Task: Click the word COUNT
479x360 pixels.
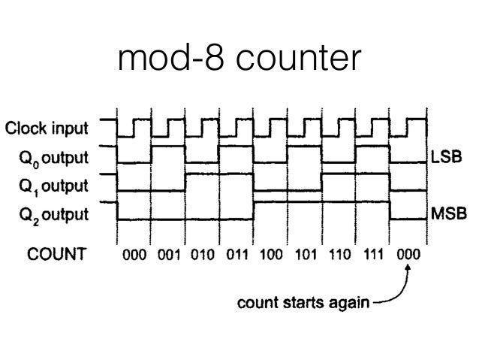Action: point(56,253)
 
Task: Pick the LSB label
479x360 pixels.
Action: point(447,159)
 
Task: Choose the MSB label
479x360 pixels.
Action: point(448,214)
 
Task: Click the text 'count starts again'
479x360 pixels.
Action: point(302,305)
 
